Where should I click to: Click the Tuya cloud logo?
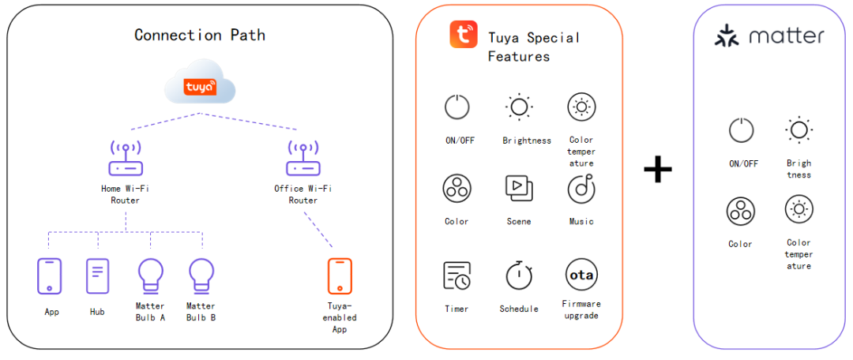click(x=199, y=87)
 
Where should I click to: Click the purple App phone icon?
click(x=50, y=276)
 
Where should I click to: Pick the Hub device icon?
click(x=97, y=276)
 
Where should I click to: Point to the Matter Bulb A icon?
click(x=150, y=276)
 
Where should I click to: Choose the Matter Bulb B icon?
click(x=201, y=276)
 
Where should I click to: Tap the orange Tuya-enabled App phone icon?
click(x=340, y=276)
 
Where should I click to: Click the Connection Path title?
click(x=200, y=35)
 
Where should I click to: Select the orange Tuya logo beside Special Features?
click(x=464, y=36)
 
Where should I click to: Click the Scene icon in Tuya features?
click(x=519, y=188)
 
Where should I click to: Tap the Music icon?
click(x=581, y=189)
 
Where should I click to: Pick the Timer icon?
click(x=457, y=276)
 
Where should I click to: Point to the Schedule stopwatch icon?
click(x=519, y=275)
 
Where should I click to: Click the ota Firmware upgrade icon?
click(x=581, y=275)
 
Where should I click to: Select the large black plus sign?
click(x=657, y=169)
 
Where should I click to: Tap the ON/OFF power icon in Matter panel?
click(x=741, y=130)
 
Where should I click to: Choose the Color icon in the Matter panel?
click(x=741, y=210)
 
